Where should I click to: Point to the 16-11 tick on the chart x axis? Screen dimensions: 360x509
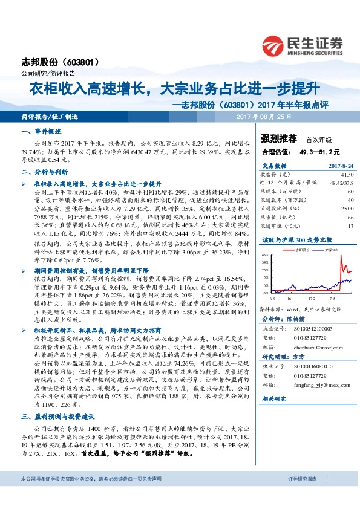click(292, 298)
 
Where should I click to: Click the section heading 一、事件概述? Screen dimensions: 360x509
click(41, 131)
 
